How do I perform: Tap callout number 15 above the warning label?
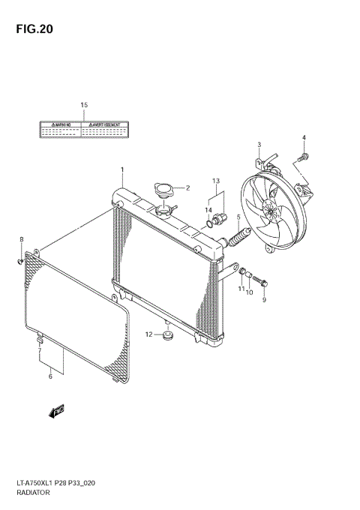click(84, 104)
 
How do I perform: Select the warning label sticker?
click(83, 128)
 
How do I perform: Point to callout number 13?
click(215, 181)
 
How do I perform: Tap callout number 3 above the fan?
click(259, 144)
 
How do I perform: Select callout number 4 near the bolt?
click(304, 136)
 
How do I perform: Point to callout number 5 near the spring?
click(238, 218)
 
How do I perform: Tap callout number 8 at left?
click(21, 239)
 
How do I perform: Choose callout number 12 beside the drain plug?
click(149, 334)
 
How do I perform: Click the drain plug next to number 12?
click(167, 334)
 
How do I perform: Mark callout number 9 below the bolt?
click(264, 300)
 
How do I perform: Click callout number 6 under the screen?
click(50, 376)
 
